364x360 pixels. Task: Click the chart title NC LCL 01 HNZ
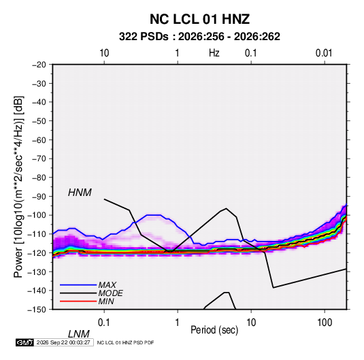(199, 19)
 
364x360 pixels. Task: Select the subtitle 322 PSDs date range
(199, 37)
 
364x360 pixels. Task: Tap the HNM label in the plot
(80, 193)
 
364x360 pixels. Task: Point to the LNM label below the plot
(79, 334)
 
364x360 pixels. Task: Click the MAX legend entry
(107, 285)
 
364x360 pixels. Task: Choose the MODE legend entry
(110, 293)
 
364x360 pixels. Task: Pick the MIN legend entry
(106, 301)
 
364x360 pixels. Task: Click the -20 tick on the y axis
(39, 65)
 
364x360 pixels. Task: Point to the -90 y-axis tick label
(39, 197)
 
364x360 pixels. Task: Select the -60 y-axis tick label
(39, 140)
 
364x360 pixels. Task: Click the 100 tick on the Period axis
(325, 323)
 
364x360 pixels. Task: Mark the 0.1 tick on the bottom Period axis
(104, 323)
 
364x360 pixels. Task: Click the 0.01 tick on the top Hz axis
(324, 53)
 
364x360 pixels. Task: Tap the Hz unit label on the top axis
(214, 53)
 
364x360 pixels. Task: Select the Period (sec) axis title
(214, 330)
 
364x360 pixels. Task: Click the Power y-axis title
(18, 187)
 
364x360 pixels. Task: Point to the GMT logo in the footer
(25, 342)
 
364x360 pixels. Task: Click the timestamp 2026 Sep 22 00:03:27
(63, 342)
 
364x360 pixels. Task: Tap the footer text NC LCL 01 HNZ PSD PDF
(125, 342)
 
